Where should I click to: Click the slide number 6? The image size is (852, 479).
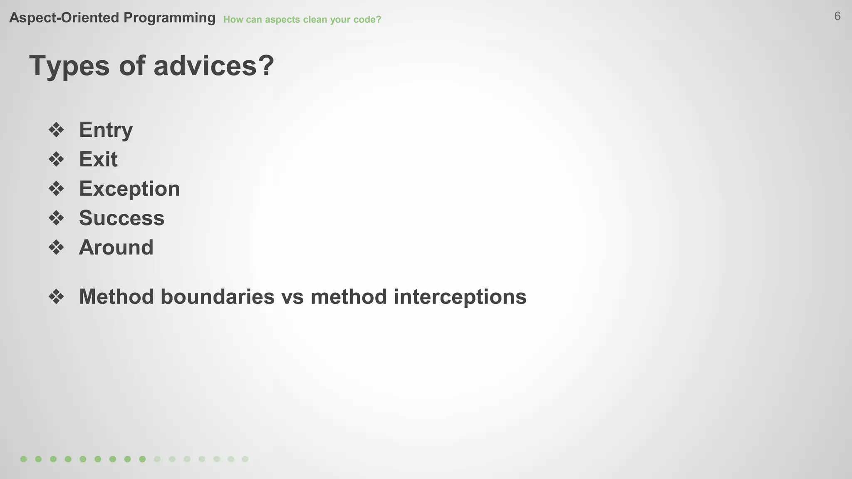click(837, 16)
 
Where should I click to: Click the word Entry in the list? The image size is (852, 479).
click(106, 130)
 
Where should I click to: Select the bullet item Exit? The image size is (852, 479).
click(98, 159)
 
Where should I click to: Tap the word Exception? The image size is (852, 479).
click(129, 189)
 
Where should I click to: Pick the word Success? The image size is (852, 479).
click(121, 218)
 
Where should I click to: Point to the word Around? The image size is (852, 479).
click(116, 247)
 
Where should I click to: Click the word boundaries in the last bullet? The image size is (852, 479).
click(218, 297)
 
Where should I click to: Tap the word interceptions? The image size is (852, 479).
click(460, 297)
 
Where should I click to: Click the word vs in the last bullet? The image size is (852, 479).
click(292, 297)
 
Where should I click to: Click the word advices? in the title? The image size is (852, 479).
click(213, 66)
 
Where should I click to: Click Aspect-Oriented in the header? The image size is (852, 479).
click(64, 18)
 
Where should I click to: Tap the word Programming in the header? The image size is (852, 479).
click(169, 18)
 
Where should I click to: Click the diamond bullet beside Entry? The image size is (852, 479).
click(56, 130)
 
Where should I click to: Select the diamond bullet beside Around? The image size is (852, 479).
click(56, 248)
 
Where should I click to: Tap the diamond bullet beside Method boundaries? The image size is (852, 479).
click(56, 297)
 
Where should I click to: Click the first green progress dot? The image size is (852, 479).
click(24, 459)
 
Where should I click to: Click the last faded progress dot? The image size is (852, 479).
click(245, 459)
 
